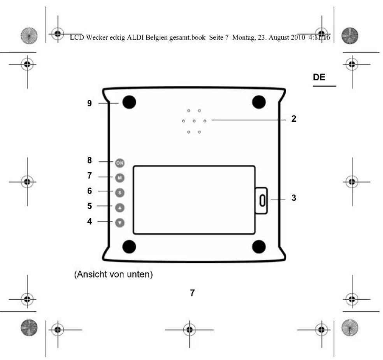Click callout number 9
(x=90, y=104)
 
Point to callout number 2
(x=294, y=119)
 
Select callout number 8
(x=90, y=160)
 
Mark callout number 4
(x=90, y=221)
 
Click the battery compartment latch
(x=262, y=200)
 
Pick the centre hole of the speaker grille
(x=194, y=121)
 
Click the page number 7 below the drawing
(x=192, y=293)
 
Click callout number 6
(x=90, y=191)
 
